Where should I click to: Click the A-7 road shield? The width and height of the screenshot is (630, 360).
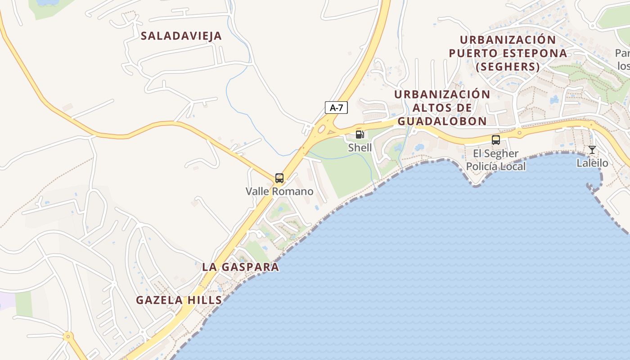(336, 108)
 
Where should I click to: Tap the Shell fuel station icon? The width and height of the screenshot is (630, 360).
(360, 134)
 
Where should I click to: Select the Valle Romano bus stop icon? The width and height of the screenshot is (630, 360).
(279, 178)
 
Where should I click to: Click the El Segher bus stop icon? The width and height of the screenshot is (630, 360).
(496, 140)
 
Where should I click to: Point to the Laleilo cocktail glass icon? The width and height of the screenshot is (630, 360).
(592, 150)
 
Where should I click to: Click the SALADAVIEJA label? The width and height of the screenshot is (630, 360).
(181, 36)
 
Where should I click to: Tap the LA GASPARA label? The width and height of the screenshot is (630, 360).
(241, 267)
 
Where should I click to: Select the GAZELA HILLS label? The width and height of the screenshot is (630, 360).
(179, 300)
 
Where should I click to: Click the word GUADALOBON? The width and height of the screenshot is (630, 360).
(442, 121)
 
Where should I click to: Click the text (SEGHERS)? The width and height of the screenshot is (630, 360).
(508, 67)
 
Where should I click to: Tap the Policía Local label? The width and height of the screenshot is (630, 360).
(495, 166)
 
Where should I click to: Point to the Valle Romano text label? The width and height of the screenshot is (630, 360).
(279, 191)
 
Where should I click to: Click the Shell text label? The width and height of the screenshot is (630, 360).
(360, 148)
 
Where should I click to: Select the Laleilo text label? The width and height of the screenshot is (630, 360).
(592, 163)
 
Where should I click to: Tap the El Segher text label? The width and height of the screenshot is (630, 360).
(495, 153)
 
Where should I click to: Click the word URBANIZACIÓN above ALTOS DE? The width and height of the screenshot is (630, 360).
(442, 94)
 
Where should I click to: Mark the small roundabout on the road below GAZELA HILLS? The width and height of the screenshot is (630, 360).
(68, 336)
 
